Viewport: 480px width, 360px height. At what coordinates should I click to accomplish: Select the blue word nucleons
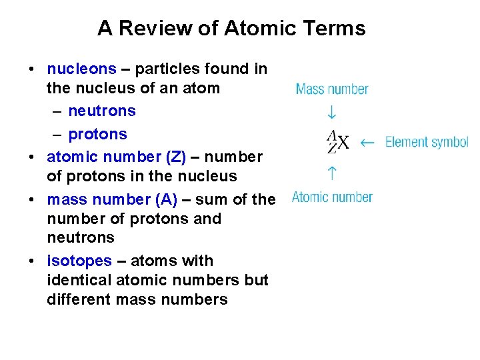pos(81,69)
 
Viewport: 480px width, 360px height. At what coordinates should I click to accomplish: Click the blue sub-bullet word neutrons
pos(102,111)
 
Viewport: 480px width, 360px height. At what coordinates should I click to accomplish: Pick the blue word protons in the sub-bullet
pos(97,134)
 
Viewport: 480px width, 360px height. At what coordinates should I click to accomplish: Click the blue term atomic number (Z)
pos(116,157)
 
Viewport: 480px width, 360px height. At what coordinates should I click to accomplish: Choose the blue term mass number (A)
pos(112,199)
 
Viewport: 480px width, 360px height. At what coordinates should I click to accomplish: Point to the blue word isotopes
pos(79,261)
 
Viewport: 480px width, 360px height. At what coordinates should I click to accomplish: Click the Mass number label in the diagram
pos(332,89)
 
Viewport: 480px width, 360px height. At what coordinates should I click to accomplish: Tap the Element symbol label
pos(427,142)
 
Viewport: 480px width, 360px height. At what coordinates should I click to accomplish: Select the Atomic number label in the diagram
pos(332,197)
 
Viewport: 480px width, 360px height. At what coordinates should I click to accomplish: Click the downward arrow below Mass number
pos(331,113)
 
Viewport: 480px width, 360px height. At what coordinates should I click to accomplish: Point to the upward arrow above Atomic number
pos(331,173)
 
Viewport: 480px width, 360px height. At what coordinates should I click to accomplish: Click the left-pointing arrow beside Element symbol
pos(367,142)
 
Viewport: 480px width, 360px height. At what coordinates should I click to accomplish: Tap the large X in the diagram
pos(342,143)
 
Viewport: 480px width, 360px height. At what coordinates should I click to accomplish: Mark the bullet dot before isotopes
pos(31,261)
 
